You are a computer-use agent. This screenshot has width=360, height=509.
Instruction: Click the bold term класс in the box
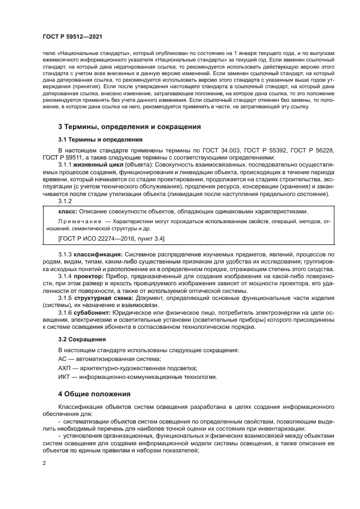68,211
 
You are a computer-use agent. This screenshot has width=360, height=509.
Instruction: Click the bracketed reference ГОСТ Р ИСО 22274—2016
96,238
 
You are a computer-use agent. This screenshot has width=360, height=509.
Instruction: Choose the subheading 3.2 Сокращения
82,339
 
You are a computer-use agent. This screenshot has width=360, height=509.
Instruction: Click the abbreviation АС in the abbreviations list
63,359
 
